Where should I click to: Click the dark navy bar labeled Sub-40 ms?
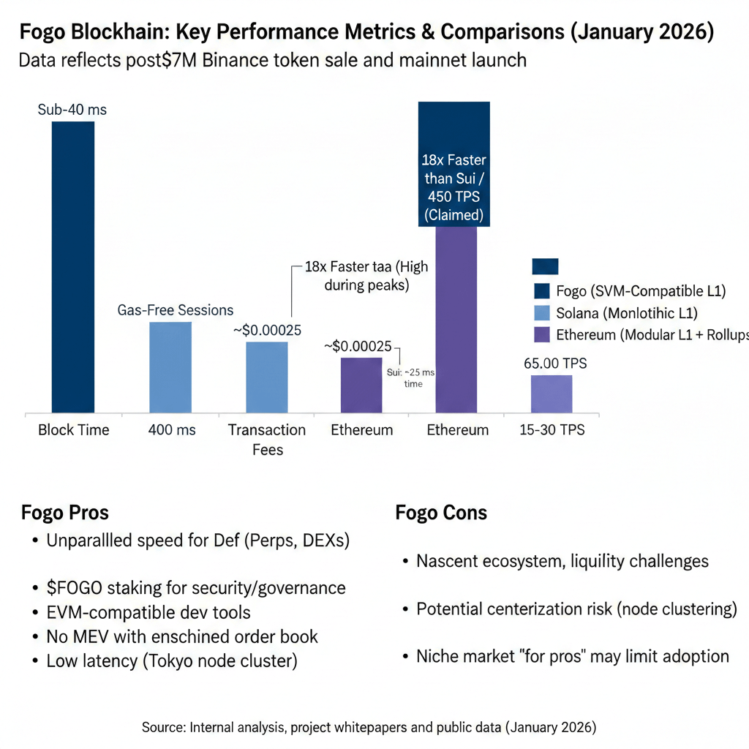[x=73, y=267]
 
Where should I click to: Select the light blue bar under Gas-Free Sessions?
[x=170, y=367]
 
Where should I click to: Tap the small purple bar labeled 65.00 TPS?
[x=552, y=394]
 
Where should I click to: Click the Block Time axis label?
[x=73, y=430]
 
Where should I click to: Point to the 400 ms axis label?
[x=171, y=430]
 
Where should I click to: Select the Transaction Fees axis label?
[x=267, y=439]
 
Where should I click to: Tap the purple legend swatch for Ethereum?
[x=542, y=335]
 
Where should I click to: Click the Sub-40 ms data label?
[x=72, y=110]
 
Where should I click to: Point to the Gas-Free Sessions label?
[x=176, y=310]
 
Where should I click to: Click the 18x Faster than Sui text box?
[x=454, y=189]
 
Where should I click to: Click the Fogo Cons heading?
[x=441, y=512]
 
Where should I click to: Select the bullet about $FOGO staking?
[x=196, y=587]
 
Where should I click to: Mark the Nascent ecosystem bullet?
[x=562, y=561]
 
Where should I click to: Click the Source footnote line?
[x=369, y=728]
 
